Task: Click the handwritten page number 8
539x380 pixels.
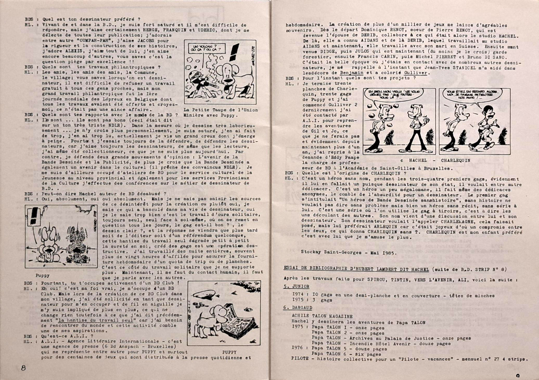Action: click(23, 368)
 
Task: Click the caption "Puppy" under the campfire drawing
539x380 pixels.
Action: click(42, 275)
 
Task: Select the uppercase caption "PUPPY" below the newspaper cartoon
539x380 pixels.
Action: click(229, 352)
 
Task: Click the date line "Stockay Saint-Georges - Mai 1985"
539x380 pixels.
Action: click(349, 252)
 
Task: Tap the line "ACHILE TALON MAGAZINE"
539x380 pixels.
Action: click(322, 316)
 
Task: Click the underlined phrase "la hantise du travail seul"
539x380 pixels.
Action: click(95, 320)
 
